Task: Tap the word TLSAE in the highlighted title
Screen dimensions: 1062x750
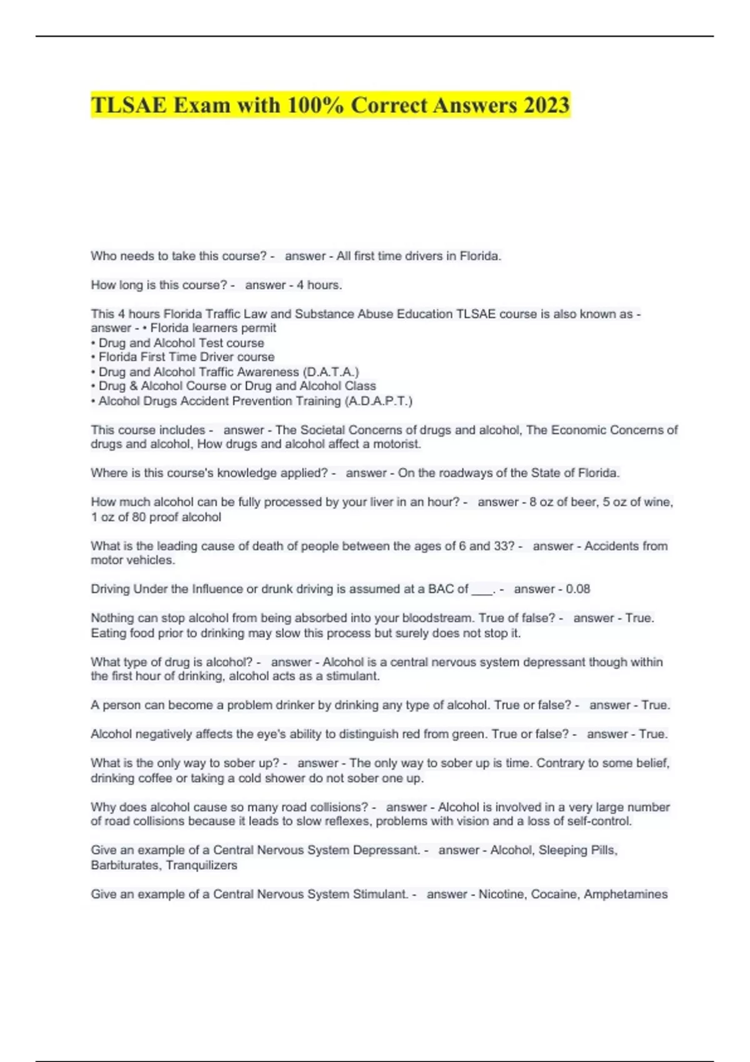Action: (x=129, y=105)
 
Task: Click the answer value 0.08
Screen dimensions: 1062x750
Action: (x=578, y=589)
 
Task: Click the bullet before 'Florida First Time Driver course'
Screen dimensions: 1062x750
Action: (x=93, y=357)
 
